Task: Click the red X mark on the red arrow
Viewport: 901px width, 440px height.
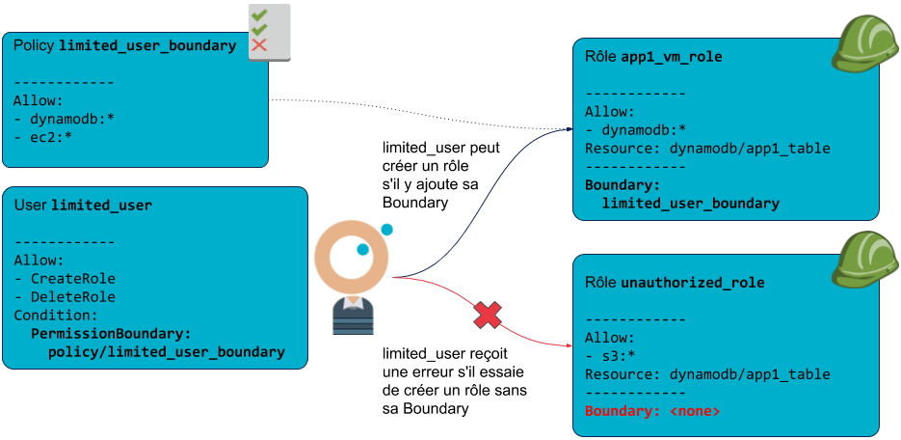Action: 489,315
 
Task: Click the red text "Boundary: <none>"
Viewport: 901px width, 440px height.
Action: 651,411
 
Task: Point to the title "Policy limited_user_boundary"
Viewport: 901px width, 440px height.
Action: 125,45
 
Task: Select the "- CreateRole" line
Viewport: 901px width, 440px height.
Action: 65,278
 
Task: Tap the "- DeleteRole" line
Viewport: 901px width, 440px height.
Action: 65,296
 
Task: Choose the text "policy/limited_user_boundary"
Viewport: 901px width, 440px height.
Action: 166,352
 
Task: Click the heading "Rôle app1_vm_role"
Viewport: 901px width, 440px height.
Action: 653,57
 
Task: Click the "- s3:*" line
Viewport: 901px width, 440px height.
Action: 609,356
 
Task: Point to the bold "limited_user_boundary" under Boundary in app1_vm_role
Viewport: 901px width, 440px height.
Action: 690,203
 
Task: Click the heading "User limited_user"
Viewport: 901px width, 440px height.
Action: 83,206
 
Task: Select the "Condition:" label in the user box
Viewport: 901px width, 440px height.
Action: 55,315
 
